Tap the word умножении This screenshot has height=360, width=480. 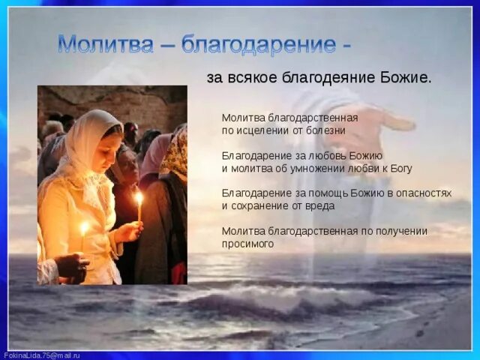[338, 167]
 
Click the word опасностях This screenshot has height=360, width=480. [424, 193]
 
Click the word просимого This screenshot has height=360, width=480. [247, 243]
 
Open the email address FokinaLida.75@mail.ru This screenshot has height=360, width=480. [42, 355]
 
